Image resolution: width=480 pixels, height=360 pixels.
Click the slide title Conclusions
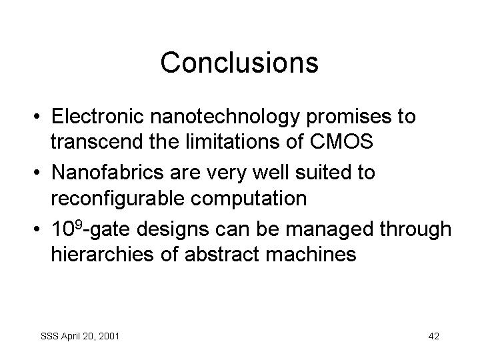pos(239,63)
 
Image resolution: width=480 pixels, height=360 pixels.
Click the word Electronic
pos(97,116)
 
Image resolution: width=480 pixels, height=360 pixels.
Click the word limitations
pos(233,141)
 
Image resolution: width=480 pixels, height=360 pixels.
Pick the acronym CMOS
pos(341,141)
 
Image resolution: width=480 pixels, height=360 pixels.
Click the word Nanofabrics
pos(107,172)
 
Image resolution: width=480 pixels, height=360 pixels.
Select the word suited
pos(322,172)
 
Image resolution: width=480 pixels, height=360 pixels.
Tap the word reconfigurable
pos(117,199)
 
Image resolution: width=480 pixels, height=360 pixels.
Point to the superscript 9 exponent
pos(79,225)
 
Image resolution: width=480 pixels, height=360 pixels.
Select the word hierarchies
pos(102,254)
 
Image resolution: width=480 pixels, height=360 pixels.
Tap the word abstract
pos(222,254)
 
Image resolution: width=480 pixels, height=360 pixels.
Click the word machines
pos(311,254)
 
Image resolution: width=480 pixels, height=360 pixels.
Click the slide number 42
pos(434,336)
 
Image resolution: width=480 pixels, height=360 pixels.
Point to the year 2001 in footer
pos(109,336)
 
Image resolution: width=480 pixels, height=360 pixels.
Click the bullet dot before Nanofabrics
pos(37,173)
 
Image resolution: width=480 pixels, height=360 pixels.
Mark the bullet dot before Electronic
pos(37,117)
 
